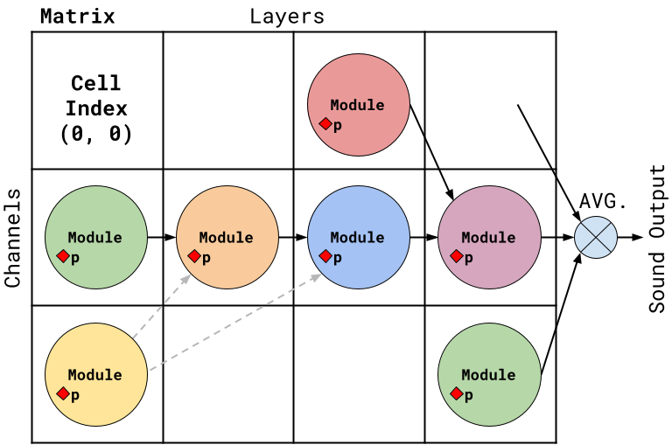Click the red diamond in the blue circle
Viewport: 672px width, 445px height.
click(x=325, y=256)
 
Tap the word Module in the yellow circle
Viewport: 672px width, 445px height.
click(x=94, y=375)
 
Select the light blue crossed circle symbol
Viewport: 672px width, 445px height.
click(x=596, y=237)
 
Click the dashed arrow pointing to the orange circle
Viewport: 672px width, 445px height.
click(x=163, y=305)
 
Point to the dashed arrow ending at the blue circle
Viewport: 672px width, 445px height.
click(x=236, y=322)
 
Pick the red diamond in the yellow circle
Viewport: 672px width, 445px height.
click(x=63, y=393)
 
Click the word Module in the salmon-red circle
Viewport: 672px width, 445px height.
click(x=357, y=105)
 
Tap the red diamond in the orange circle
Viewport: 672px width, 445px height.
click(x=194, y=256)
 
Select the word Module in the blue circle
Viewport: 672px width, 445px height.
click(x=357, y=238)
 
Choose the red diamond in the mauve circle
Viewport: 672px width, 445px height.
click(x=457, y=256)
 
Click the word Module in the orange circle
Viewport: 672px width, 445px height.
click(x=226, y=238)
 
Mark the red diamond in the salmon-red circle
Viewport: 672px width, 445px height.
click(x=325, y=124)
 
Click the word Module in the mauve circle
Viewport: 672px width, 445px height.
click(x=488, y=238)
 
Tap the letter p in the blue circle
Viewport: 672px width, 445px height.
click(x=338, y=258)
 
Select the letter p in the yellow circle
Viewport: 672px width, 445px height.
click(x=75, y=395)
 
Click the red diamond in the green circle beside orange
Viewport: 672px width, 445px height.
click(x=63, y=256)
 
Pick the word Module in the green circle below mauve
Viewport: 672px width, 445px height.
click(x=488, y=375)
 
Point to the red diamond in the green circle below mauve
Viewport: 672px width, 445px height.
click(x=457, y=393)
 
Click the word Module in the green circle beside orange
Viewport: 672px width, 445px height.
click(x=94, y=238)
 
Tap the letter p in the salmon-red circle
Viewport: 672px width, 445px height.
click(x=338, y=126)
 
